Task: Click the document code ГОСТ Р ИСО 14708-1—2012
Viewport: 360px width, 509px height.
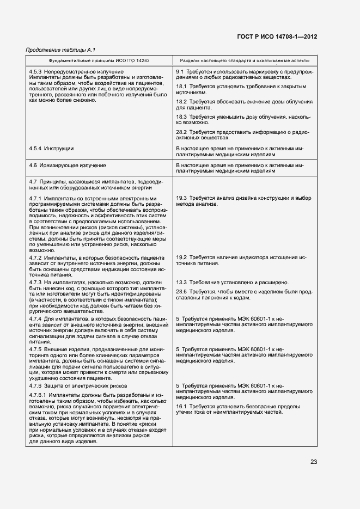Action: (277, 37)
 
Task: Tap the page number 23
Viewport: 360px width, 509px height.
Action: (314, 462)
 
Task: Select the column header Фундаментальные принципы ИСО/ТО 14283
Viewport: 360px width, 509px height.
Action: (99, 61)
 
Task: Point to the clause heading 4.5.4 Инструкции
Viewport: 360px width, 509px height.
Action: (51, 148)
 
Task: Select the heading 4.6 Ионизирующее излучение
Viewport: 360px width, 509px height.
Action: (68, 164)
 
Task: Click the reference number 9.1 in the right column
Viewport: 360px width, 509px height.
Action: (180, 72)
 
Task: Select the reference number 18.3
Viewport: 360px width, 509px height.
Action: (181, 116)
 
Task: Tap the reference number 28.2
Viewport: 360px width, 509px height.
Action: (181, 132)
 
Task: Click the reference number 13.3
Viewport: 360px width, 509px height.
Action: (181, 283)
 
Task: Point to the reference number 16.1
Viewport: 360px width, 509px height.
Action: (181, 406)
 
